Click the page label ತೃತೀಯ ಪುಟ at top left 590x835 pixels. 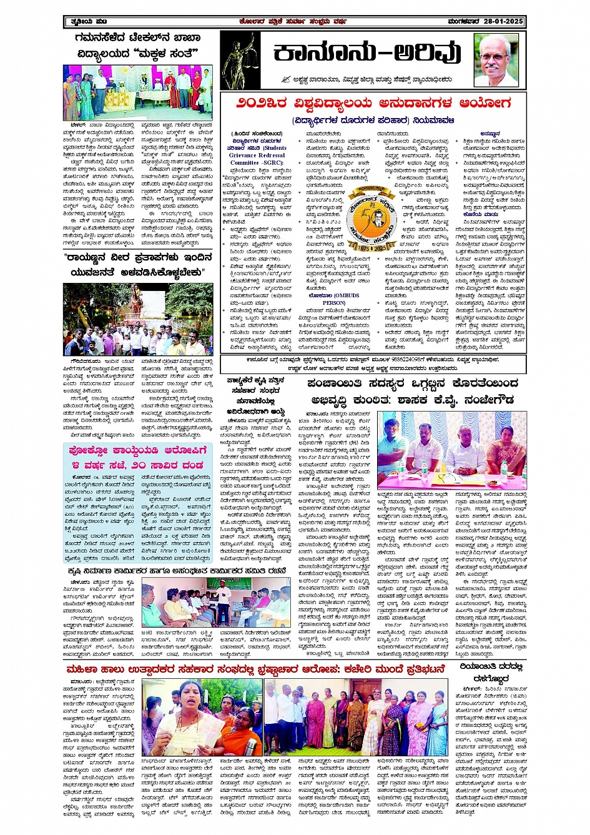pyautogui.click(x=82, y=22)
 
